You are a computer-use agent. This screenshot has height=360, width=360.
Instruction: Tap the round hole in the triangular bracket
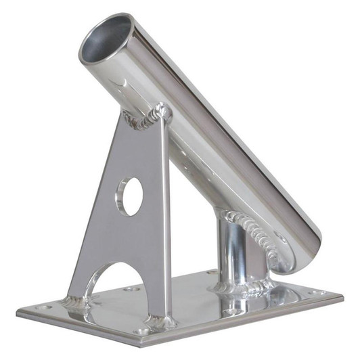point(131,196)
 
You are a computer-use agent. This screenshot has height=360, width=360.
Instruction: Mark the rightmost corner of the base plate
point(342,296)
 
